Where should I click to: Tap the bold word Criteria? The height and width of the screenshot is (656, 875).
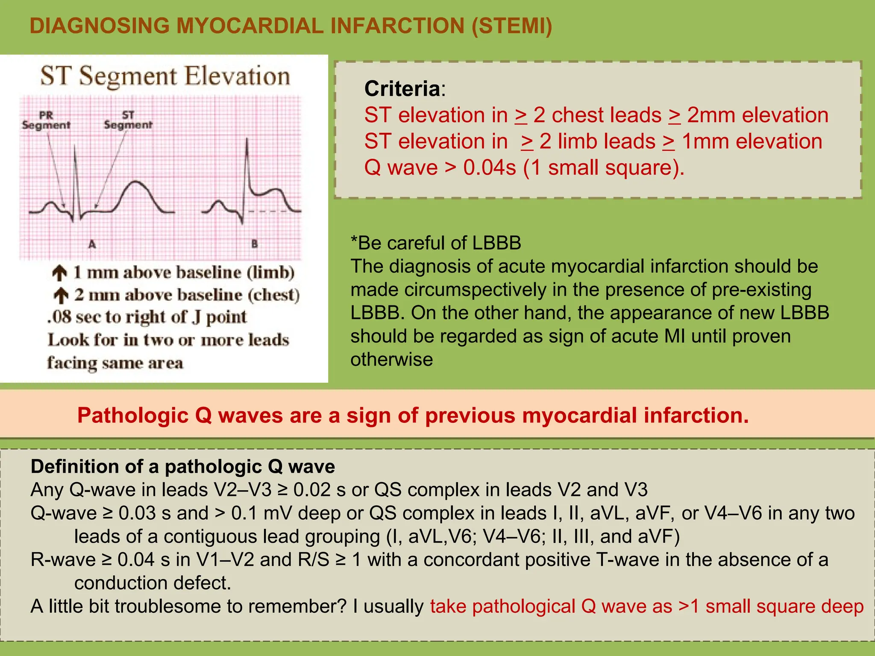point(402,89)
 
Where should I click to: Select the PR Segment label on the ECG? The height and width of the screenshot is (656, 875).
point(46,120)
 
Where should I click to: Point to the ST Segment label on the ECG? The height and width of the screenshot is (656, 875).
point(128,120)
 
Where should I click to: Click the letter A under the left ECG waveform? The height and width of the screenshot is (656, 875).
point(92,244)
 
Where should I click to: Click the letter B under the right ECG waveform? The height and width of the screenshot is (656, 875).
point(254,244)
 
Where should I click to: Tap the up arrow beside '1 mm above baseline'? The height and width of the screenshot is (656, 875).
point(60,273)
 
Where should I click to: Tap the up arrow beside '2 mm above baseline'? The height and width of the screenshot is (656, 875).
point(61,295)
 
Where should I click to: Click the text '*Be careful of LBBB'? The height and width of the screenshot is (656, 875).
point(436,243)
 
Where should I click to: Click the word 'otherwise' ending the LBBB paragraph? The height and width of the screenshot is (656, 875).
point(391,359)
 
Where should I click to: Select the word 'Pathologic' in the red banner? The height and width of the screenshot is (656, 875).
point(132,415)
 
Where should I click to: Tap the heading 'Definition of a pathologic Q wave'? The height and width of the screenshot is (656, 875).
point(183,466)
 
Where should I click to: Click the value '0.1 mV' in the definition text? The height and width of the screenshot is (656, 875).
point(261,513)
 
